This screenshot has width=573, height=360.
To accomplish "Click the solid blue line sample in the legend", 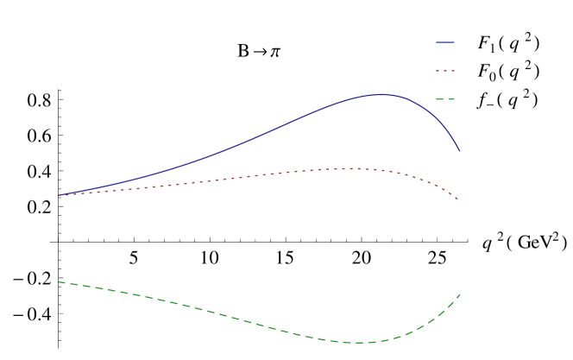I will tap(445, 42).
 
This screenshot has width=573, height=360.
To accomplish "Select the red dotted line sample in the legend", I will tap(445, 71).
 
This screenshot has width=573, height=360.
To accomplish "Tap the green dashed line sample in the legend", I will tap(445, 99).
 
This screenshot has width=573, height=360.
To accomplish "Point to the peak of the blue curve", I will tap(381, 95).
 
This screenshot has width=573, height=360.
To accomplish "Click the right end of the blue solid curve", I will tap(460, 151).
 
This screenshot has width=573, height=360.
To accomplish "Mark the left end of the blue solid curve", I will tap(57, 196).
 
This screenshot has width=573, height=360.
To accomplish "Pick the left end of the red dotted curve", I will tap(57, 196).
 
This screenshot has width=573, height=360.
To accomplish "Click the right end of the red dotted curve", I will tap(459, 200).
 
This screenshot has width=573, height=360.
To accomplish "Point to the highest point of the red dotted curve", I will tap(347, 168).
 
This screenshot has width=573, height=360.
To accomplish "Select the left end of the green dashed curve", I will tap(57, 281).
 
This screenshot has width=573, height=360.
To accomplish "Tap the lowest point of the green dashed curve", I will tap(357, 343).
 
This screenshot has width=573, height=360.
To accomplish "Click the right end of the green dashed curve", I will tap(460, 294).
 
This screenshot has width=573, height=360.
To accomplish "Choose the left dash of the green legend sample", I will tap(440, 99).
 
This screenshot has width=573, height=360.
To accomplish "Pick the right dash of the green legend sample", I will tap(451, 99).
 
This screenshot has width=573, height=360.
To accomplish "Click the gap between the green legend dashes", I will tap(445, 99).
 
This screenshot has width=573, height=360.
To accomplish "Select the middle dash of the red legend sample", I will tap(445, 71).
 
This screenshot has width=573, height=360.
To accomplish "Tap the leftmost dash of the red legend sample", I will tap(438, 71).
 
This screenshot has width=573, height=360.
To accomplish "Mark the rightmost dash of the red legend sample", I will tap(453, 71).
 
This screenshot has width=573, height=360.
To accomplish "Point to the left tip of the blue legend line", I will tap(437, 42).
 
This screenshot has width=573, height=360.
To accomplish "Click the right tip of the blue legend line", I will tap(455, 42).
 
